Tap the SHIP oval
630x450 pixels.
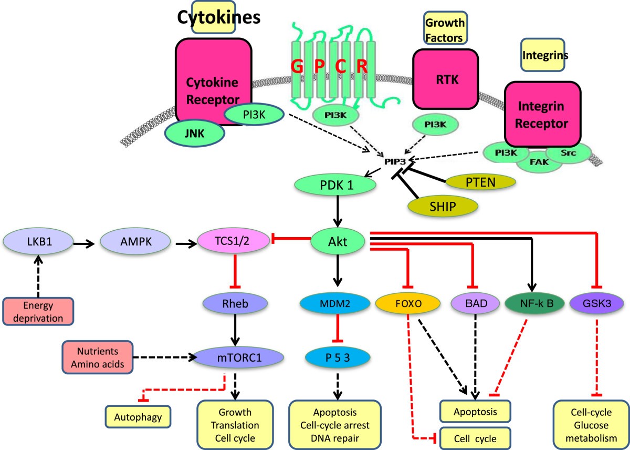click(444, 205)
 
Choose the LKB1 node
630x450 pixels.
click(37, 243)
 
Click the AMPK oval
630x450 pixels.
click(135, 243)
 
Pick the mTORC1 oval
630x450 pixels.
click(239, 357)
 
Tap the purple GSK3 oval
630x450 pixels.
click(596, 303)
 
